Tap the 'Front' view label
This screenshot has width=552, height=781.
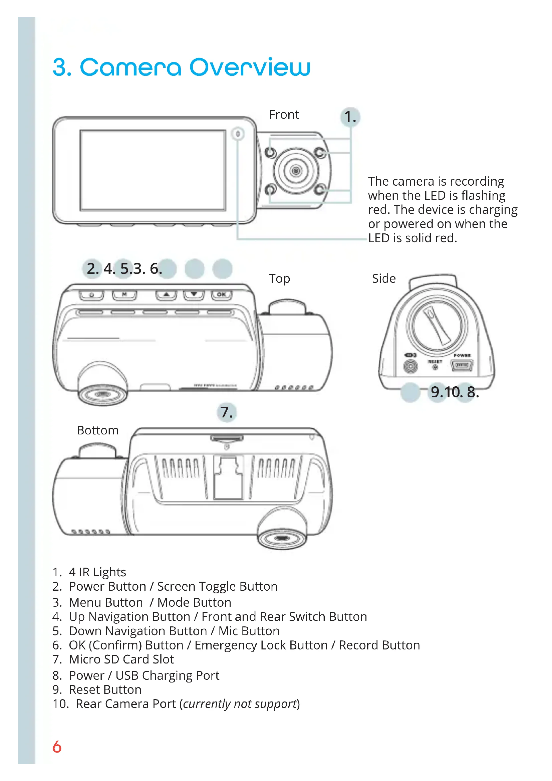point(283,115)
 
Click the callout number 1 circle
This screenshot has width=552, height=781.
point(350,117)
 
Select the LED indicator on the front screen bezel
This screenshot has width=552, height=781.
point(238,134)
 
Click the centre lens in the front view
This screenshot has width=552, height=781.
point(296,171)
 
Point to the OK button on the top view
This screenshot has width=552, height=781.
point(222,295)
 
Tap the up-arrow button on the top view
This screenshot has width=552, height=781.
point(166,295)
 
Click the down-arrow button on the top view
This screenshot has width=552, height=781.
point(194,295)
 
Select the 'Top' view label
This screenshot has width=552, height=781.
point(279,278)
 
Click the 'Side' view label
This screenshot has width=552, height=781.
point(383,278)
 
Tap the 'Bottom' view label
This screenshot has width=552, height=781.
point(97,430)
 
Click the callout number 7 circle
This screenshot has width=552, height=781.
point(226,412)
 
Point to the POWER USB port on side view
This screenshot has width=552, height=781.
point(462,366)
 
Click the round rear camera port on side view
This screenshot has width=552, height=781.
point(410,366)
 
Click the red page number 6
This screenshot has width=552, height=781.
point(57,747)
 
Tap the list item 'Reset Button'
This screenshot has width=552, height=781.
point(105,690)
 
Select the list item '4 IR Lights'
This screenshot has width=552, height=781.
point(97,572)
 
